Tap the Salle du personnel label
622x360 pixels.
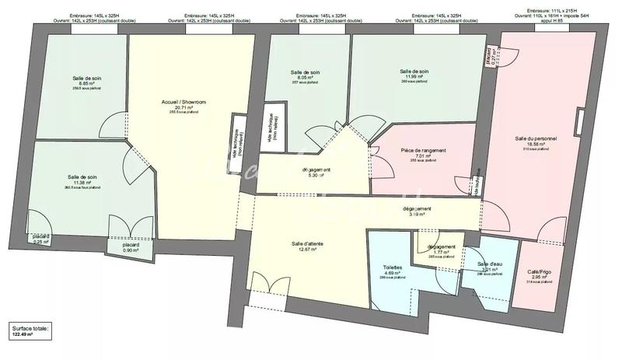(536, 138)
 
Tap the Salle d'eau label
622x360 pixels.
(491, 265)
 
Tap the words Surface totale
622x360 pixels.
(30, 328)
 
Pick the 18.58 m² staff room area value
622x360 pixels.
(536, 144)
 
